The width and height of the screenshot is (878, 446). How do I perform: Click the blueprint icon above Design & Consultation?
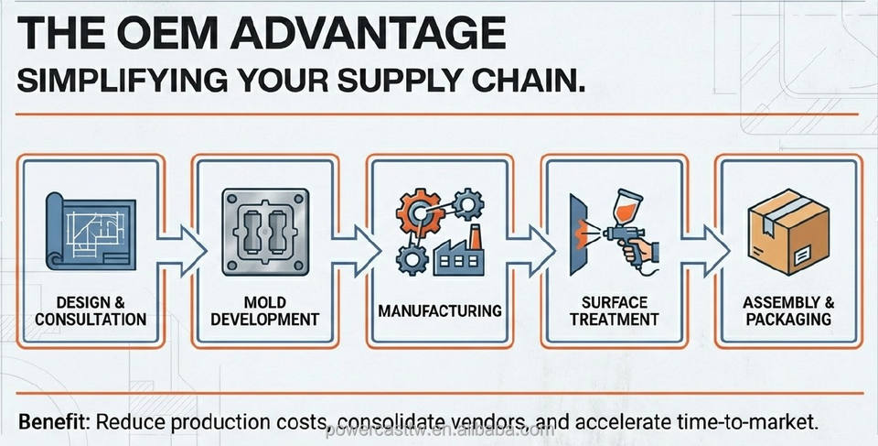(x=90, y=233)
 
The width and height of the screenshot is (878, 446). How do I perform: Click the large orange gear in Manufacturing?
(x=418, y=211)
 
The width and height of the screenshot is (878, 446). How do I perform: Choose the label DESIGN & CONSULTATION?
(x=89, y=310)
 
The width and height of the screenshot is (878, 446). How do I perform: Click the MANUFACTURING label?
(x=440, y=310)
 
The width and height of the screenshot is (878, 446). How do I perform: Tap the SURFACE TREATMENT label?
(x=614, y=310)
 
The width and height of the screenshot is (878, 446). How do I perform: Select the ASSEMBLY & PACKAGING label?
(x=787, y=310)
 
